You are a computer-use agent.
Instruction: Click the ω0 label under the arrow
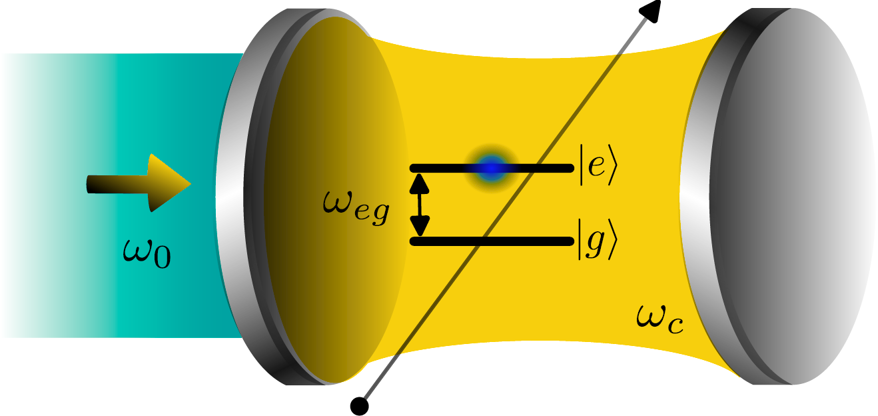[x=147, y=254]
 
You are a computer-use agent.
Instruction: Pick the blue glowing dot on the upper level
[x=491, y=168]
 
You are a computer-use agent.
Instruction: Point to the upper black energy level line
[x=440, y=168]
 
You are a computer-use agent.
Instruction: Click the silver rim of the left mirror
[x=233, y=200]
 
